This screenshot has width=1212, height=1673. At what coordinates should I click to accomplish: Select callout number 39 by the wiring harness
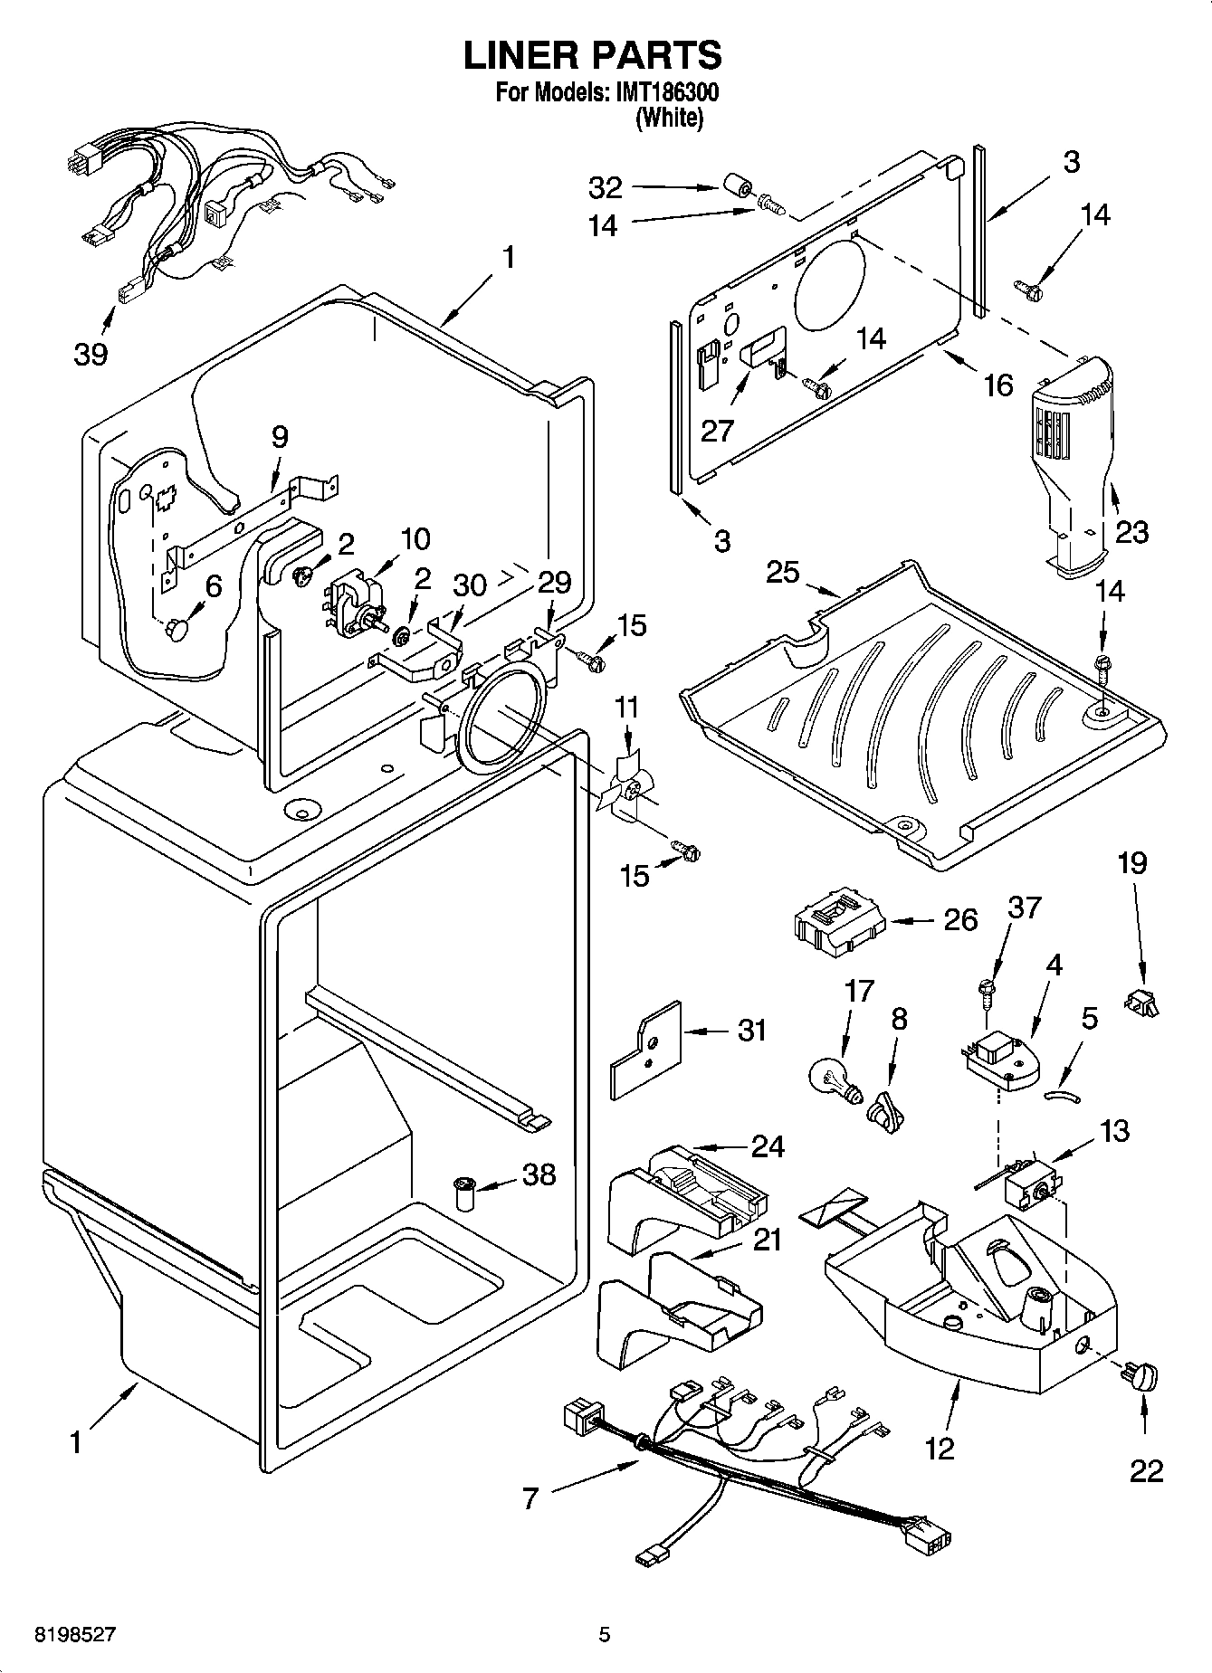coord(91,353)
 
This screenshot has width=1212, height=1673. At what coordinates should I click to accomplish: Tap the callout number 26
coord(960,919)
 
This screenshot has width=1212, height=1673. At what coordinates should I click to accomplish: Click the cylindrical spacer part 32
coord(737,189)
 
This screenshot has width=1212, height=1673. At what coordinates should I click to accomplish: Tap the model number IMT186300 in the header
coord(667,93)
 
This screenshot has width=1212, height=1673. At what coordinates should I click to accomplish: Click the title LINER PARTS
coord(593,55)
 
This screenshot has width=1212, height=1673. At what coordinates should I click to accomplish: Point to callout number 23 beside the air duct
coord(1131,531)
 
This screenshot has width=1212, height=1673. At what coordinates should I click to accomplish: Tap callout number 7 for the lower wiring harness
coord(530,1499)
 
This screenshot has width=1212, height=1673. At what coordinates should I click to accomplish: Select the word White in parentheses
coord(670,118)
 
